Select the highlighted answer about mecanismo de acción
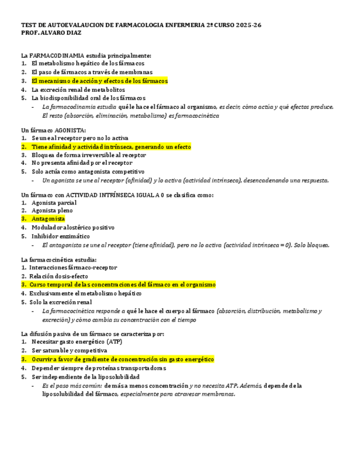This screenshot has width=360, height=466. (99, 81)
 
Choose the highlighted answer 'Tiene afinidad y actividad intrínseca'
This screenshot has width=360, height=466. (111, 147)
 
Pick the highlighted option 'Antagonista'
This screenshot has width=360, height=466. (48, 219)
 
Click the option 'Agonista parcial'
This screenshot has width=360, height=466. (54, 203)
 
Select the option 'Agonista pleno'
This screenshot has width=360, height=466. (52, 210)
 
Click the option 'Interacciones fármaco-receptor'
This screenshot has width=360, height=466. (73, 268)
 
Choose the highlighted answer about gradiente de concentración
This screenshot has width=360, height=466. (123, 359)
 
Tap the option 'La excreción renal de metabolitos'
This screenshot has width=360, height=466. (78, 89)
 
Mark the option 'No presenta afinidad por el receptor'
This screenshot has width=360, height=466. (82, 163)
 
